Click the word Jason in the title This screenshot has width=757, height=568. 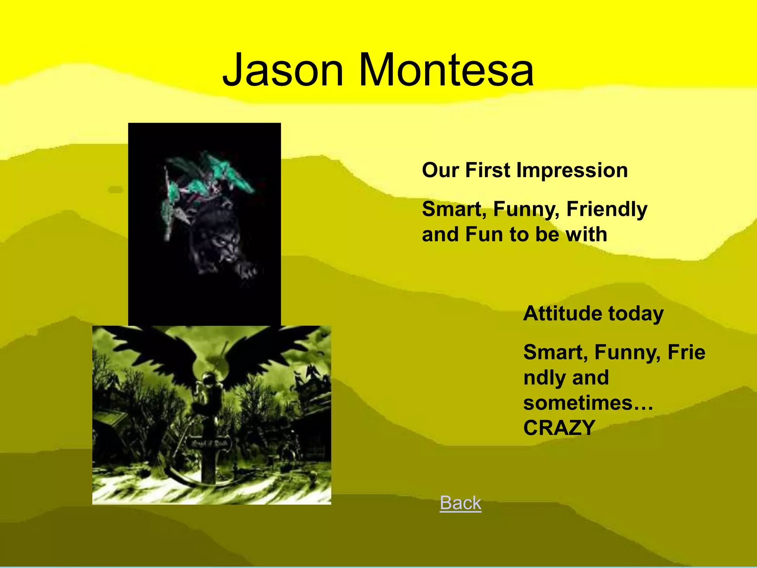click(x=283, y=70)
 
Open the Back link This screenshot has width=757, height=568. click(x=461, y=503)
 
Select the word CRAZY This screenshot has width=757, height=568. click(x=559, y=428)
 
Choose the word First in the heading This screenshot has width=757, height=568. click(x=488, y=170)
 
